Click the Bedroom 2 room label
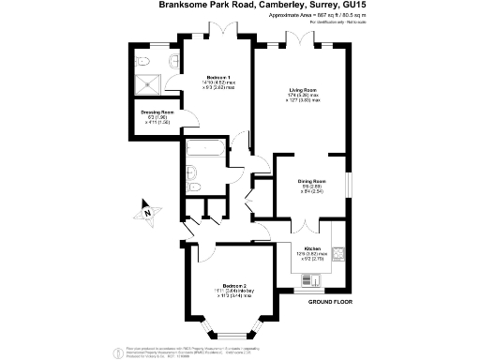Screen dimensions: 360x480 [x=234, y=286]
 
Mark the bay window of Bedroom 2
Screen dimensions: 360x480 [x=233, y=334]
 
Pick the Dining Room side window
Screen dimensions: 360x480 [x=348, y=183]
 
